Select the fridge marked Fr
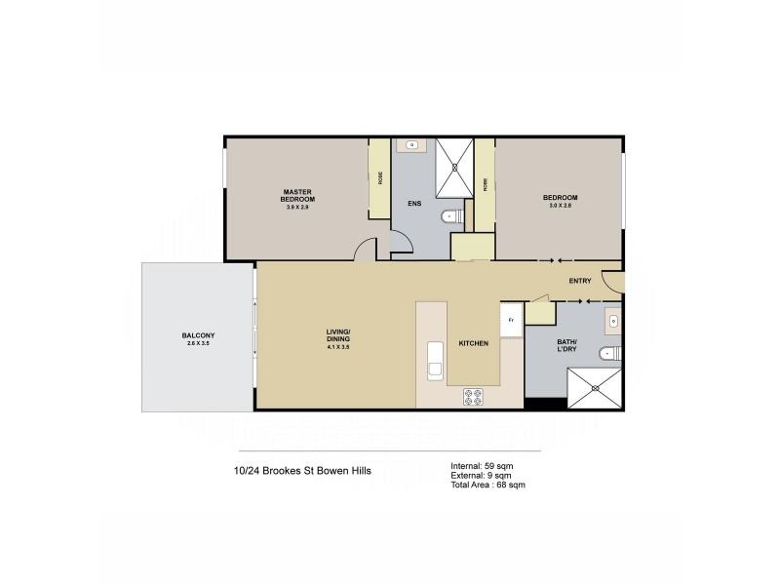pyautogui.click(x=510, y=321)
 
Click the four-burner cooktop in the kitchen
pyautogui.click(x=474, y=396)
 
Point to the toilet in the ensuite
pyautogui.click(x=450, y=216)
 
